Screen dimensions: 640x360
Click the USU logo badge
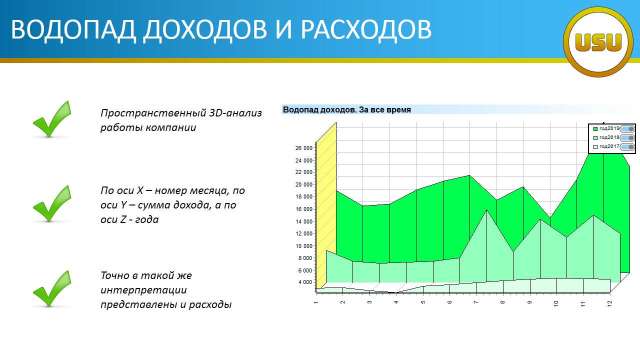point(598,42)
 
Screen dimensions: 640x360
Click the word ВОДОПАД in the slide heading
point(73,29)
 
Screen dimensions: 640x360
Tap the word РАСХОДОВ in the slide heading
point(366,29)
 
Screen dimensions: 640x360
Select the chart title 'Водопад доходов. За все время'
point(346,109)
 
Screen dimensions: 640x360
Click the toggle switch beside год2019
point(627,129)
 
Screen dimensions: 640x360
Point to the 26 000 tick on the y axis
point(303,148)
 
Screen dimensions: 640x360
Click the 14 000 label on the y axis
point(303,221)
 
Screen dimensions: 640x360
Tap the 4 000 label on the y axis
point(305,282)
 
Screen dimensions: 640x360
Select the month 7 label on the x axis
point(476,302)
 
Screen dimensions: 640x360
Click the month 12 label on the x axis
point(609,303)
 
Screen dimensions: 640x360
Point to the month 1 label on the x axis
point(315,302)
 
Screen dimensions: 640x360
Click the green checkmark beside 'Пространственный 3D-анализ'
point(52,119)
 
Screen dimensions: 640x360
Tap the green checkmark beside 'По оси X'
point(52,203)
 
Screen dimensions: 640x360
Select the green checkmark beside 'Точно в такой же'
point(52,288)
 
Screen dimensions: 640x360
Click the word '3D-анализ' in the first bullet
point(235,113)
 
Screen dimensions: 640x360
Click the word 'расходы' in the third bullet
point(210,305)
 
